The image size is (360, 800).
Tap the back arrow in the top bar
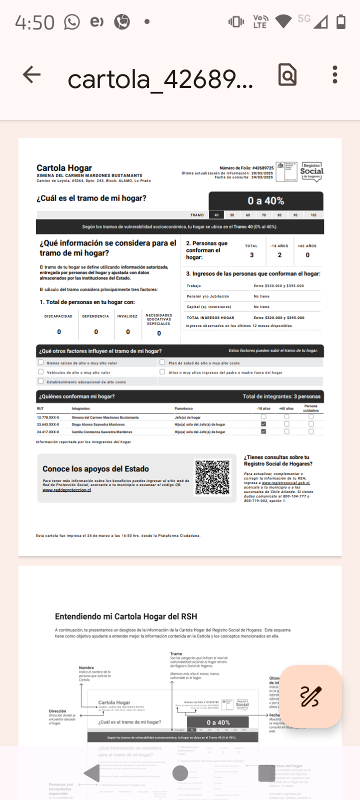coord(31,75)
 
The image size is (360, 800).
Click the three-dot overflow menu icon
coord(335,75)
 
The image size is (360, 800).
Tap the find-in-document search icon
coord(287,75)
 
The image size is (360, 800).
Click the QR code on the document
coord(212,477)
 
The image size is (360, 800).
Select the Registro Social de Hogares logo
coord(311,171)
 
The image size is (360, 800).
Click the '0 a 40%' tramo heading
coord(265,201)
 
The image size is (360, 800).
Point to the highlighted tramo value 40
coord(216,215)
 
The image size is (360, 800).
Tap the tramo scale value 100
coord(313,215)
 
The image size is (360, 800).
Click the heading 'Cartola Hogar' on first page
coord(64,168)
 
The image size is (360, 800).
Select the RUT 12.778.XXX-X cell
coord(48,417)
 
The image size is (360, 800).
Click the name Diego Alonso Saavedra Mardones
coord(98,424)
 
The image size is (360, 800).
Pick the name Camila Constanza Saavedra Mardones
coord(102,431)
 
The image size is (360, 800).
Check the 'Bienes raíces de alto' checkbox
coord(41,362)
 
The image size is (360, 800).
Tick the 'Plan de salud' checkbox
coord(162,362)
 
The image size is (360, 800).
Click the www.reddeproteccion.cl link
coord(66,490)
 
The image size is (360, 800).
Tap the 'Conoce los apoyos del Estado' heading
coord(95,469)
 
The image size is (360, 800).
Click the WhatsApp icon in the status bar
coord(72,22)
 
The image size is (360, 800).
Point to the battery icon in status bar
coord(341,21)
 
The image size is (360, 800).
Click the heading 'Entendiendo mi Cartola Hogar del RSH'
coord(126,616)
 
